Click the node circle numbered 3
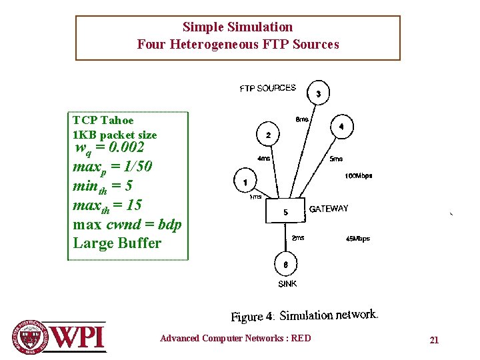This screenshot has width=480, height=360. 319,94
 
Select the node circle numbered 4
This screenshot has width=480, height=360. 341,126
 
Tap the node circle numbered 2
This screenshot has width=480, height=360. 268,135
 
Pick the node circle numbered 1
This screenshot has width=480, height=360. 245,182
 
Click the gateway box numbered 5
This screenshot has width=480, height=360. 285,211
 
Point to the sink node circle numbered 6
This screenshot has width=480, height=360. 285,264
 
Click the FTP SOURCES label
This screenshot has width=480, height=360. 268,88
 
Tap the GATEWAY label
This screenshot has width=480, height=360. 329,209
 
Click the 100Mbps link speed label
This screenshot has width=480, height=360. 359,176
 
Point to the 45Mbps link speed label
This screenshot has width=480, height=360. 358,239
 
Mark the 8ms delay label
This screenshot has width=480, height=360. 302,120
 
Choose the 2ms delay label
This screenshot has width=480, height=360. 298,237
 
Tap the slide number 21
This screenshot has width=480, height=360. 434,340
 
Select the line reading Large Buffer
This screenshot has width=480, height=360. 117,243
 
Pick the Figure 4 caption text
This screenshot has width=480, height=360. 305,315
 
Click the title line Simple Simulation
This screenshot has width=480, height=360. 237,27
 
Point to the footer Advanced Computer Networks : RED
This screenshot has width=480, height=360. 235,338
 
